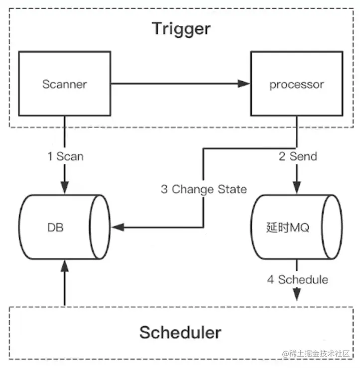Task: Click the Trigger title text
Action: tap(181, 28)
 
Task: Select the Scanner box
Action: tap(64, 83)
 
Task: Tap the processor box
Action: tap(296, 84)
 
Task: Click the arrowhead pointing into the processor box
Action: tap(243, 84)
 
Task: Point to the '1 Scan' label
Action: tap(65, 156)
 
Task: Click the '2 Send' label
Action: tap(297, 156)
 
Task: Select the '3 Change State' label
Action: tap(203, 189)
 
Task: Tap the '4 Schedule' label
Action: tap(297, 279)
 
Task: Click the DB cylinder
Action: tap(64, 227)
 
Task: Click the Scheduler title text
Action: tap(180, 332)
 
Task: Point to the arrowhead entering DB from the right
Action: tap(118, 228)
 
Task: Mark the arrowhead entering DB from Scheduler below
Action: tap(65, 266)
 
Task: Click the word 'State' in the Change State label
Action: tap(232, 189)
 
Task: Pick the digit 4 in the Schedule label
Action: tap(270, 279)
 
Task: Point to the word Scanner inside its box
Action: tap(64, 84)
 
